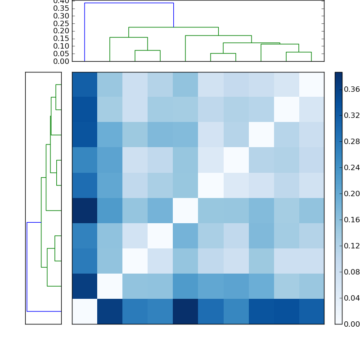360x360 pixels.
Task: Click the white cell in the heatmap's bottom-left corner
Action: coord(85,311)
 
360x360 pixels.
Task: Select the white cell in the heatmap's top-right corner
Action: coord(311,85)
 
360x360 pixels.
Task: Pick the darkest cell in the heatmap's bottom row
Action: coord(185,311)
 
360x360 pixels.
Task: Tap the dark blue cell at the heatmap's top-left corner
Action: coord(85,85)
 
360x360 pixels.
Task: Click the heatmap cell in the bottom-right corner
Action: coord(311,311)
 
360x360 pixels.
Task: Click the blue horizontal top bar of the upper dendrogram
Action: coord(129,3)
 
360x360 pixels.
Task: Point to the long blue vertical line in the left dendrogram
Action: coord(27,266)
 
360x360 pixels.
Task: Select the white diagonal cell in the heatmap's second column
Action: coord(110,286)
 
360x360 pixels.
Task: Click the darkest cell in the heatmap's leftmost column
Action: coord(85,211)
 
